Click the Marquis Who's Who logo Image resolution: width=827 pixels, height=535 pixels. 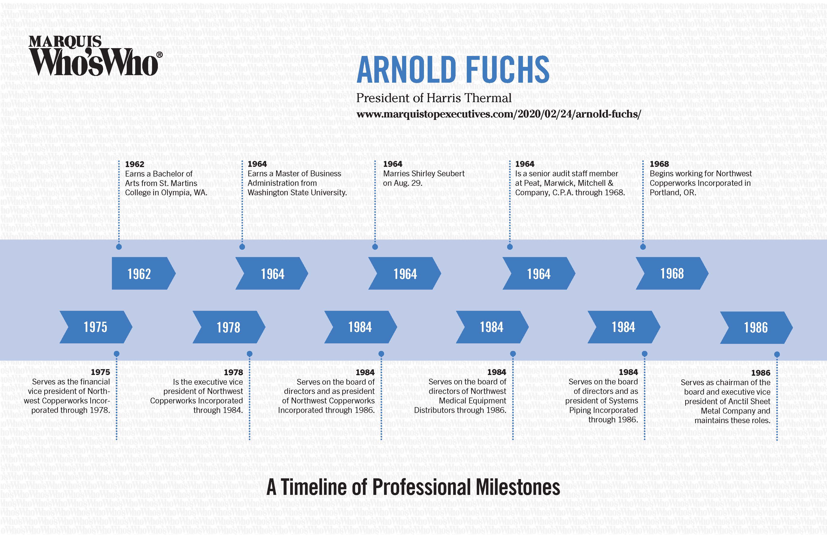94,56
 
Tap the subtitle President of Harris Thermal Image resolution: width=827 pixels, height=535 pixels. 434,98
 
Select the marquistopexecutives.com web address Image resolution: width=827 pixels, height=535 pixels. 498,114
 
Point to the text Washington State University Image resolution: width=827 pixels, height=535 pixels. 297,192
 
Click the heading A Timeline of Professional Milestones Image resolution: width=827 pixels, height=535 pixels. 413,487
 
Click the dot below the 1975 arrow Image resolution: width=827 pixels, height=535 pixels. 117,354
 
